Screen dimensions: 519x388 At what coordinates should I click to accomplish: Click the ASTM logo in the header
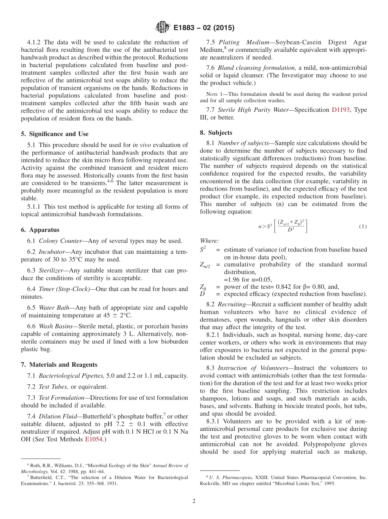click(x=162, y=28)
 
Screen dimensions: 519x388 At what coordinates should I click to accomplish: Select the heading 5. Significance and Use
click(x=54, y=134)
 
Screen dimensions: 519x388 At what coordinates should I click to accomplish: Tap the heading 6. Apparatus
click(x=40, y=230)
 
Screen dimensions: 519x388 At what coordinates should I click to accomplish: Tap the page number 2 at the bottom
click(x=194, y=501)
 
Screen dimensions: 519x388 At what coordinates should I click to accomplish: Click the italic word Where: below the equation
click(x=209, y=241)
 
